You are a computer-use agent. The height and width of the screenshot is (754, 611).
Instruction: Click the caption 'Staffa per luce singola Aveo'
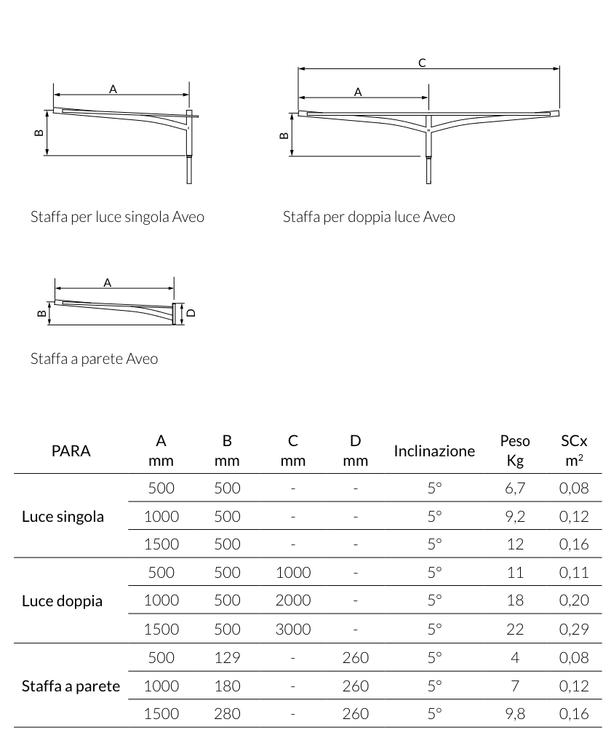[117, 217]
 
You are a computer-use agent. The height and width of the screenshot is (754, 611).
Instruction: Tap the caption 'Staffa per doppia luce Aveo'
[369, 217]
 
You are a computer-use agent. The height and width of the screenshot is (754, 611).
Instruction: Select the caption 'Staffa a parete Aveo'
[94, 359]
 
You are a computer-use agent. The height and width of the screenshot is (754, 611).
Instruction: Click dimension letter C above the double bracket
[422, 63]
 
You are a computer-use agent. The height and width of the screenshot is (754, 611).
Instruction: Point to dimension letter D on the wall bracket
[191, 313]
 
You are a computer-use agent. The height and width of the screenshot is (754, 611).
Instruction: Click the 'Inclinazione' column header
[434, 451]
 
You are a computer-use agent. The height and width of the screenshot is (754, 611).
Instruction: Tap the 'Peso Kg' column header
[515, 451]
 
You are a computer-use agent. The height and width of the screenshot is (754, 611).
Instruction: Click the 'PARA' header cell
[71, 451]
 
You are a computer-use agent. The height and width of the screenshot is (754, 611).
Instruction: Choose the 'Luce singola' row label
[63, 517]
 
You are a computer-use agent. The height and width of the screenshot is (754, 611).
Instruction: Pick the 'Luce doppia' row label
[63, 601]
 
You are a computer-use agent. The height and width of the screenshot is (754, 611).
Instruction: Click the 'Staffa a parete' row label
[71, 686]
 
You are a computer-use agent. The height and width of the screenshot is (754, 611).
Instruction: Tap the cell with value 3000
[293, 630]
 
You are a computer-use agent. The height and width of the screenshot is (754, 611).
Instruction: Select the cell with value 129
[227, 658]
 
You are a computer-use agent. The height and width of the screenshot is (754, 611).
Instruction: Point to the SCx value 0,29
[574, 630]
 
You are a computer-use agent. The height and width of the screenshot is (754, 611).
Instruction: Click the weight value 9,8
[515, 714]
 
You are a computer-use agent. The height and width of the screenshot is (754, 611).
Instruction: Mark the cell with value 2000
[293, 601]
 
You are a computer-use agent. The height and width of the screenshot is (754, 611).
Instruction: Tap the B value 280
[227, 714]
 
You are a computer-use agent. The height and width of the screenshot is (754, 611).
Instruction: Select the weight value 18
[515, 601]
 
